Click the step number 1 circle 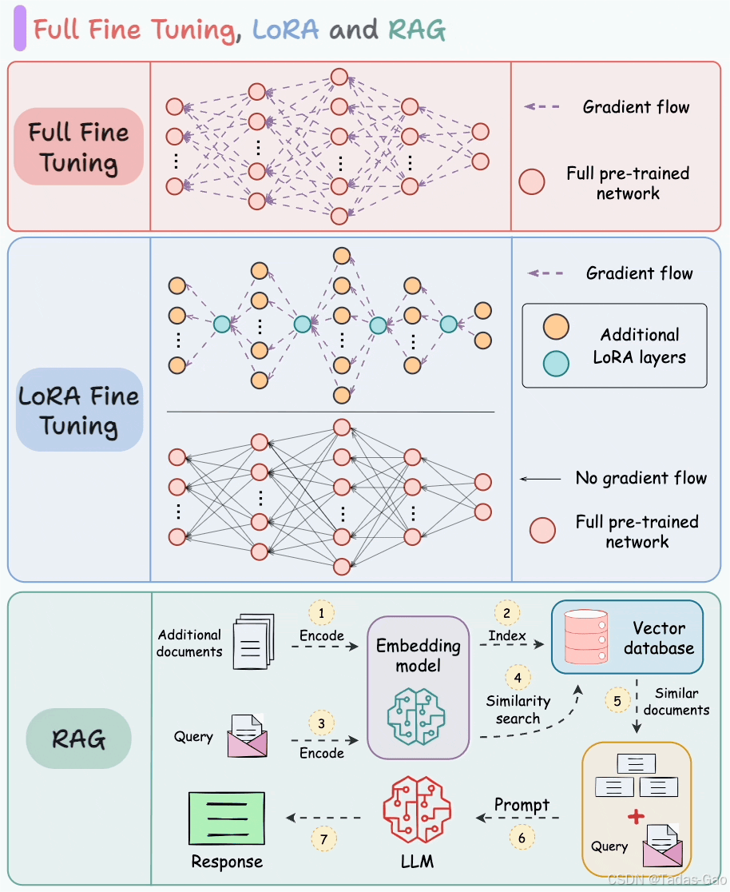click(321, 613)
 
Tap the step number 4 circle click(518, 678)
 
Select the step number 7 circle click(323, 838)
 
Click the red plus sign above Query click(636, 817)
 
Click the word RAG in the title click(417, 30)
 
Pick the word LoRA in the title click(286, 30)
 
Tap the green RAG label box click(78, 739)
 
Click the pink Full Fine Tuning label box click(78, 147)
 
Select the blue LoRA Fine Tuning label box click(78, 410)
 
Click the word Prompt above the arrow click(522, 805)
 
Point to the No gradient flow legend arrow click(540, 479)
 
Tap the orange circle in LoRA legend click(556, 327)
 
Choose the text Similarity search click(518, 710)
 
